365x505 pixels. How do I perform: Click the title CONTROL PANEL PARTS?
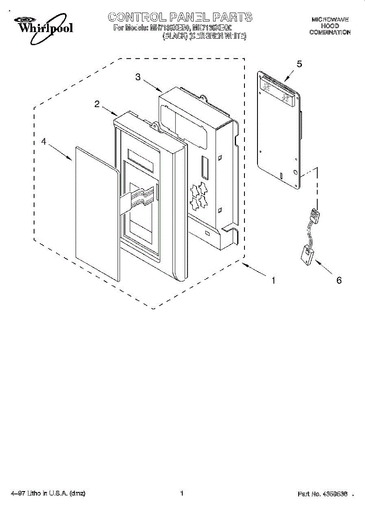coord(180,17)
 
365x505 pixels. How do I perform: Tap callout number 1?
coord(273,280)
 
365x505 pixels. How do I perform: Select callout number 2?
coord(97,104)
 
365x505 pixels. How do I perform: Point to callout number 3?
coord(138,77)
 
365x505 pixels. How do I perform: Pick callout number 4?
coord(44,142)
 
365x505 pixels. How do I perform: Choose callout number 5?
coord(299,64)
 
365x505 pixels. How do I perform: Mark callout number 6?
coord(339,280)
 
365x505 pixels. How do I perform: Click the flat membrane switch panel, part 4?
coord(95,215)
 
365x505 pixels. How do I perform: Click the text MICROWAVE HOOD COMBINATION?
coord(330,26)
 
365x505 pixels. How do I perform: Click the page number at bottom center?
coord(182,493)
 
